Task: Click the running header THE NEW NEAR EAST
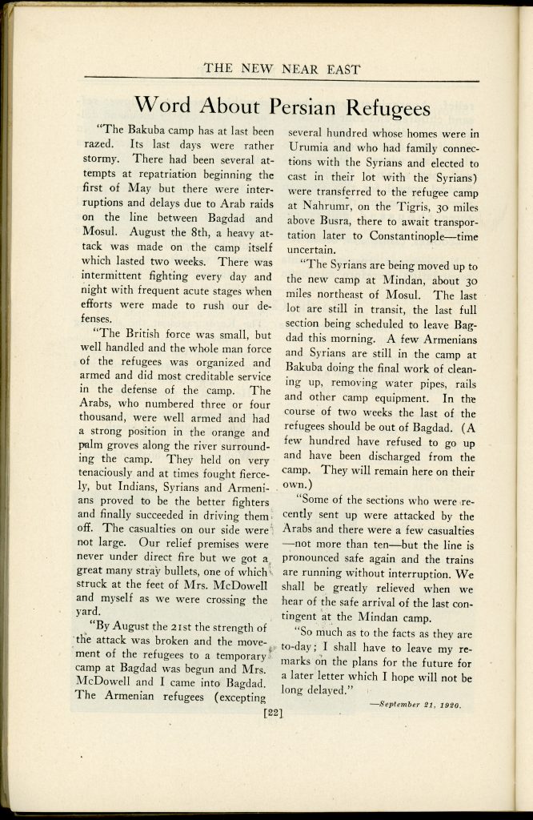[x=282, y=68]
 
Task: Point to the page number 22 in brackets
[x=274, y=707]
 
